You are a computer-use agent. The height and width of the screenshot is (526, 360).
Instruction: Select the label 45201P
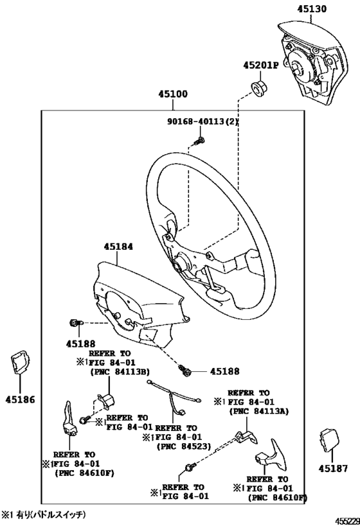[x=260, y=66]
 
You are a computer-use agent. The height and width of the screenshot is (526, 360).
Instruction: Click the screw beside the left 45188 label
[x=74, y=322]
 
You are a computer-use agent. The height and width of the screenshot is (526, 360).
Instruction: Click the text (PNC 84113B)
[x=120, y=371]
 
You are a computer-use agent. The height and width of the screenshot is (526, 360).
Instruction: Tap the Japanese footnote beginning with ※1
[x=43, y=514]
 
